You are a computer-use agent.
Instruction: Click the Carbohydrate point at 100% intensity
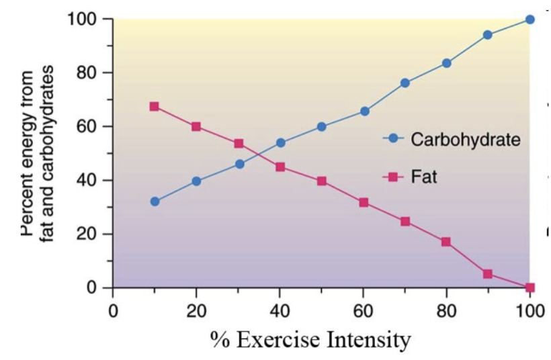click(x=529, y=19)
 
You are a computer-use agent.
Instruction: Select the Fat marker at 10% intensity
click(x=155, y=106)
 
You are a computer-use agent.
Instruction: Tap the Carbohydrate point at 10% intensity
click(x=155, y=201)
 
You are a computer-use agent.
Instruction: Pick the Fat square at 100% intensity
click(x=529, y=287)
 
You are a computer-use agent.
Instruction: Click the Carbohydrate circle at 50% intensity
click(x=321, y=126)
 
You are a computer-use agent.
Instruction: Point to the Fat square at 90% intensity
click(x=488, y=274)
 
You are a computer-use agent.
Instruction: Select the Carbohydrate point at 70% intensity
click(x=405, y=83)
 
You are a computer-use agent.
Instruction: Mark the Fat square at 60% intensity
click(x=364, y=202)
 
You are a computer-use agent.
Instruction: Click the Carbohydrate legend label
click(x=465, y=140)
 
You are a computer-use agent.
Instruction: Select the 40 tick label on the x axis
click(x=280, y=311)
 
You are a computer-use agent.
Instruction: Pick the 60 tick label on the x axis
click(x=363, y=311)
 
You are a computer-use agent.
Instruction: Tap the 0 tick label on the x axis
click(x=113, y=311)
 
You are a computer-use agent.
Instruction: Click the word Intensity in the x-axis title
click(x=369, y=340)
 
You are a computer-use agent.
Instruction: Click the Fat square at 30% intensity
click(x=239, y=144)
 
